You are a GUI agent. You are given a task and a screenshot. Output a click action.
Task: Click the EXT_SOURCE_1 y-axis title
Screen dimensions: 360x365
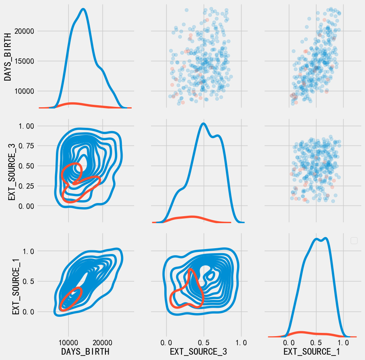point(16,284)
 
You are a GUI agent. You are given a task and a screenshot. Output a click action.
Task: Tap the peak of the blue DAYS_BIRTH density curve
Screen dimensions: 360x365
point(84,9)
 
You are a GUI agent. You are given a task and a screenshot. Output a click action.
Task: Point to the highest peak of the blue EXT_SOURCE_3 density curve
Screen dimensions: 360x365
point(203,123)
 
